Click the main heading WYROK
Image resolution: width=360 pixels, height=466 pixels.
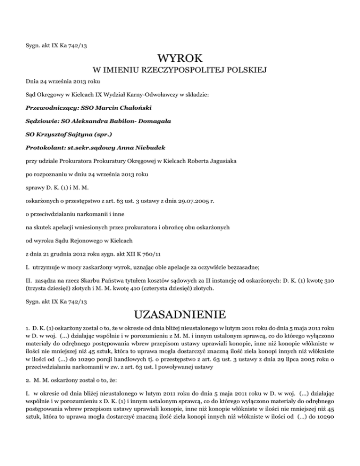tap(180, 59)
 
